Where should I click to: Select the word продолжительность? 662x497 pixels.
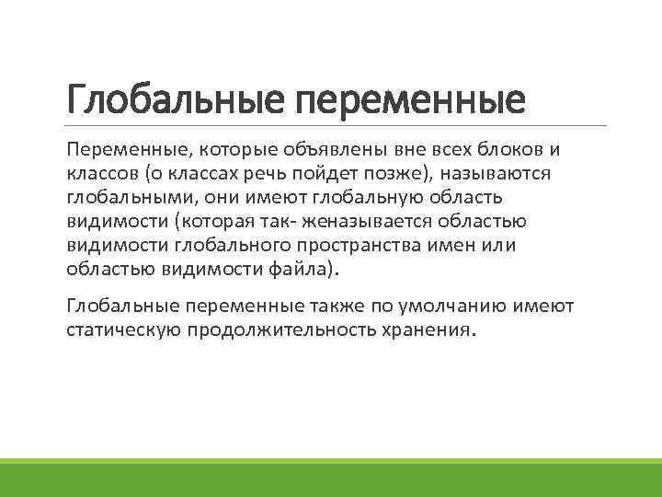point(298,330)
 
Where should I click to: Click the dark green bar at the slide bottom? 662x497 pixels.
point(331,480)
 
